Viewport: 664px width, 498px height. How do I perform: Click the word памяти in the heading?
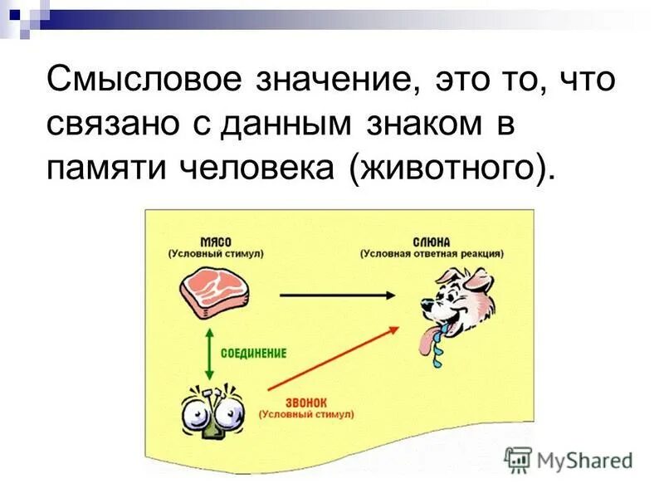click(102, 168)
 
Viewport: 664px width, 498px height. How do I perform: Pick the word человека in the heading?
click(254, 168)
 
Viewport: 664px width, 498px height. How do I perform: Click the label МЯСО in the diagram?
click(214, 240)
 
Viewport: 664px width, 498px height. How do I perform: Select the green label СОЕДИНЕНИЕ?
click(254, 353)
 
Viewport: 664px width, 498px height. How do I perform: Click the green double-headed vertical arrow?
click(207, 352)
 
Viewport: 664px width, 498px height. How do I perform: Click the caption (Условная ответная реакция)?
click(432, 253)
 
